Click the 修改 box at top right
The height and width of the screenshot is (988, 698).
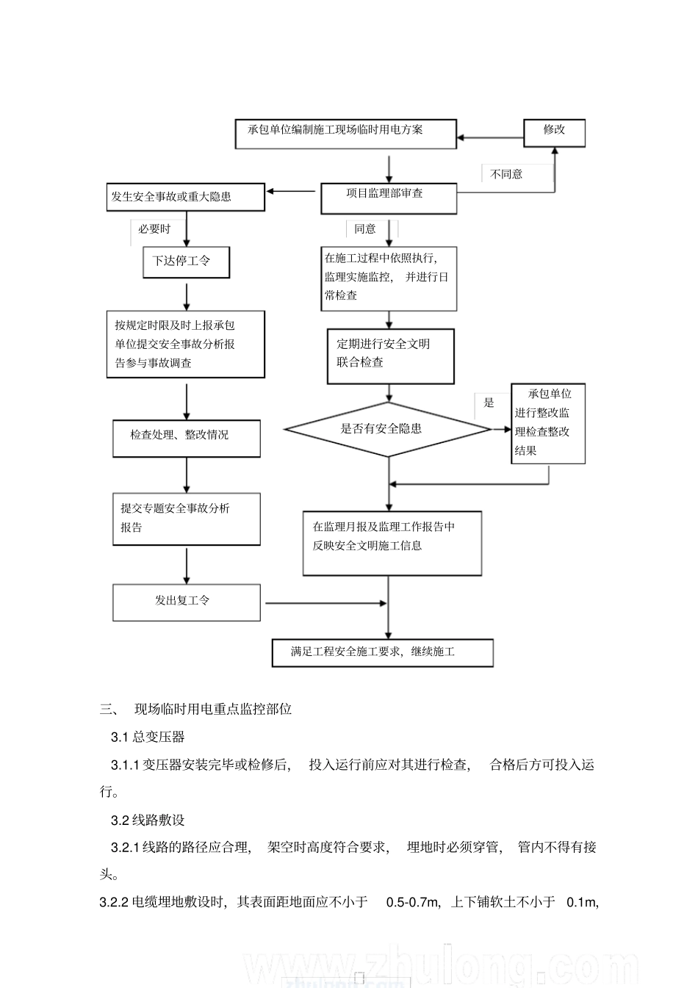554,133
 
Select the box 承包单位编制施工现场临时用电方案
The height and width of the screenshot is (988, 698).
345,134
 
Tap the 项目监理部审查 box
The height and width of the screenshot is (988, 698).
388,198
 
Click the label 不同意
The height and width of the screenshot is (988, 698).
506,174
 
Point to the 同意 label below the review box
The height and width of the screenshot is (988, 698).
365,229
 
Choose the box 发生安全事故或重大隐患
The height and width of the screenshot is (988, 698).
185,197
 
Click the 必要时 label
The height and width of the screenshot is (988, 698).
154,229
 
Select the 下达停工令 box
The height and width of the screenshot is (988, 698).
186,262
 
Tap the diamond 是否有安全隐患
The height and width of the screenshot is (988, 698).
387,429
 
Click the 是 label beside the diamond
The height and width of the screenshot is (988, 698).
489,403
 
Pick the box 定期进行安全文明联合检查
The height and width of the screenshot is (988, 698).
390,356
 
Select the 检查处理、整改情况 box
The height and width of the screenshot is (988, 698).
186,439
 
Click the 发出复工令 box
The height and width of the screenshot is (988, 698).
186,602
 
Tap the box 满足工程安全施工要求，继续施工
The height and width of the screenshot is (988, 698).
382,652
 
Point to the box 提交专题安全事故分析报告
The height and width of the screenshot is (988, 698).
186,519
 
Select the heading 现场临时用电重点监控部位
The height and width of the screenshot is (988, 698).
213,709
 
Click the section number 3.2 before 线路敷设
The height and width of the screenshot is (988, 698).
120,820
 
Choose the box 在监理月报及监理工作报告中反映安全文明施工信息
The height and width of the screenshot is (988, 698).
392,543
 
